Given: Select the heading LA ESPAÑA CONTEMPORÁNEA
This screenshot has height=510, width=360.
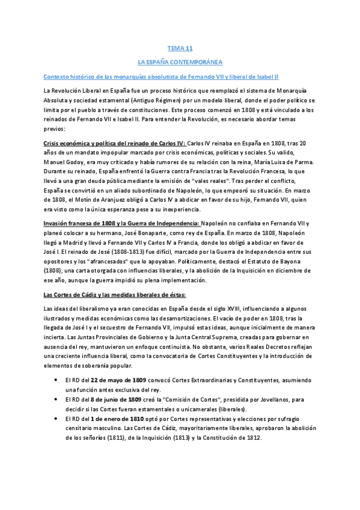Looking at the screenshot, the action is click(x=180, y=62).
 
